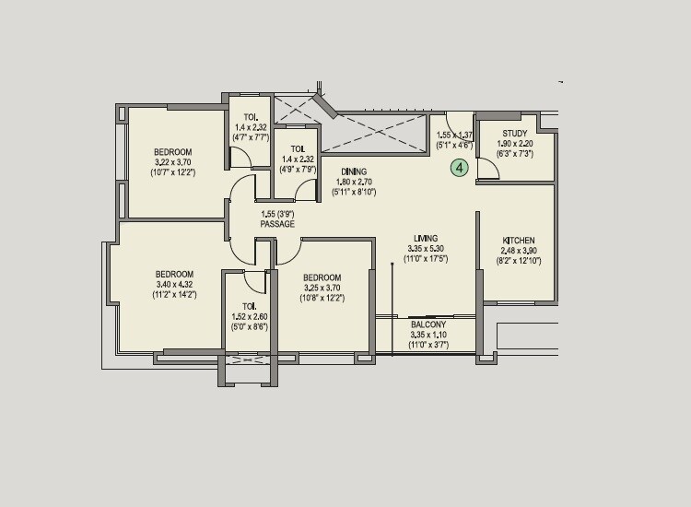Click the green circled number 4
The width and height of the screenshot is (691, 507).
(x=459, y=167)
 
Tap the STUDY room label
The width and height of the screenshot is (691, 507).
(x=515, y=133)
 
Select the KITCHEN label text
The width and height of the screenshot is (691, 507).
(x=519, y=241)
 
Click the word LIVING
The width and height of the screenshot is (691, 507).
(x=426, y=237)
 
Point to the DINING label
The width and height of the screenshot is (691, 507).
(x=354, y=171)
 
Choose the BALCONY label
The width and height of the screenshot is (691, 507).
(x=428, y=324)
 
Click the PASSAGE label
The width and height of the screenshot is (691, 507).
(x=277, y=224)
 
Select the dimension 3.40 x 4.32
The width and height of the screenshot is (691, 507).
(x=173, y=285)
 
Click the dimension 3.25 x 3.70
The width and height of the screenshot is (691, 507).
(x=322, y=289)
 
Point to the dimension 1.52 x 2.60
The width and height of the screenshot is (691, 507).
(x=249, y=316)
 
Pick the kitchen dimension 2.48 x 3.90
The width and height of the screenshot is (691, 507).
(x=519, y=251)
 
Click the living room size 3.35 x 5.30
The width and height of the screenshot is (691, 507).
(x=426, y=248)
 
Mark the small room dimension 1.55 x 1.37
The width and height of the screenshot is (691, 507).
(x=453, y=135)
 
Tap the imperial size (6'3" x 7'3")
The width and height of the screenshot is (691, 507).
(x=515, y=154)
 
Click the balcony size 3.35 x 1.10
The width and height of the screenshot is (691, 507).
(x=428, y=335)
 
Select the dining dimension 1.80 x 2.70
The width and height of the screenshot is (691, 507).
(x=354, y=182)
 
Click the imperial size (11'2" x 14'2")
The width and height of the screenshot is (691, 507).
(x=173, y=295)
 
